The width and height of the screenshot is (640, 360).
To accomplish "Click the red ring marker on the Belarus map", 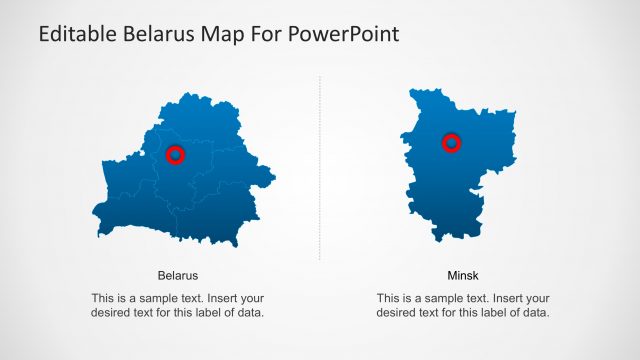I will click(x=175, y=155).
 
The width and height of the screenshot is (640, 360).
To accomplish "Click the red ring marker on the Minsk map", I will click(x=451, y=143).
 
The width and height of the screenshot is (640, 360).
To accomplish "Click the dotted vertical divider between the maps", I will click(x=320, y=170).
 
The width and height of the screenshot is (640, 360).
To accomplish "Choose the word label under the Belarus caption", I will click(x=214, y=313).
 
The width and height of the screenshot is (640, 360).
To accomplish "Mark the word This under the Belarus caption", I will click(x=103, y=298).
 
